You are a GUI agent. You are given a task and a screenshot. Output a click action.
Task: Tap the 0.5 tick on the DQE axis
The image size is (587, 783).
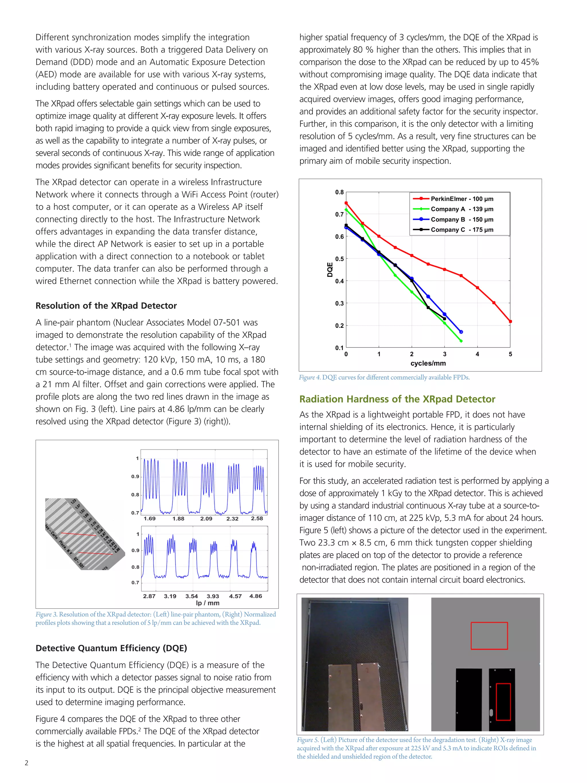pos(339,259)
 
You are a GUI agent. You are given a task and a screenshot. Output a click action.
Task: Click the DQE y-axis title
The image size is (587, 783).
pos(330,270)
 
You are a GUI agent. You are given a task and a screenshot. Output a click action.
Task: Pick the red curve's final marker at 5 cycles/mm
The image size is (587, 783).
pos(510,321)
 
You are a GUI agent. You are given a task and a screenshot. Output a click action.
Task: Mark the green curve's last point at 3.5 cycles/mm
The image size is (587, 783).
pos(461,341)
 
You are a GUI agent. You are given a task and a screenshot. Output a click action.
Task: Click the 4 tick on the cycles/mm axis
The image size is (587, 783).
pos(477,354)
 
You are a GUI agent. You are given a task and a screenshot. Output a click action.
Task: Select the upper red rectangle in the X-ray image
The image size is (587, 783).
pos(489,636)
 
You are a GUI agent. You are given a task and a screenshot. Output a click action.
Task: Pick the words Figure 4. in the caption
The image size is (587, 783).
pos(310,377)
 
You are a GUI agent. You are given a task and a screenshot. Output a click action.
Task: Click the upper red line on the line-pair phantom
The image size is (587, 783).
pos(79,534)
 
